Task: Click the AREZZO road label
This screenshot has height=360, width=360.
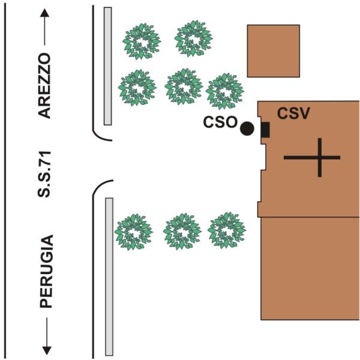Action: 44,86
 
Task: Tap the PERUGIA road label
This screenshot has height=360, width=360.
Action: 46,271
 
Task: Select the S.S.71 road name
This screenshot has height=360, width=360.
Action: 44,174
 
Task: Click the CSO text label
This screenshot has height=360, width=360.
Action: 220,122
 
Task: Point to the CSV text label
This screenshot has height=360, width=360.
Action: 293,113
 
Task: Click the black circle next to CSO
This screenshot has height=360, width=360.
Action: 247,128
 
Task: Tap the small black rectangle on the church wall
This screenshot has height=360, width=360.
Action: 265,130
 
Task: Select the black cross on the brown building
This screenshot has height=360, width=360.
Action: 312,157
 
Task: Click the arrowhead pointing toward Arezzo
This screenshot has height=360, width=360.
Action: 44,13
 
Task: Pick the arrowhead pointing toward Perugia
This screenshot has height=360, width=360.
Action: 47,350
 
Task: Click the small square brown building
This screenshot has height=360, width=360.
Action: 274,51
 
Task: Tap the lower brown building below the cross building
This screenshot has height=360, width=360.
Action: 310,268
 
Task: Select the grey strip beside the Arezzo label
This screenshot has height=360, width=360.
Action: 108,66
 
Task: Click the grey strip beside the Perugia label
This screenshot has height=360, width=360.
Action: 109,277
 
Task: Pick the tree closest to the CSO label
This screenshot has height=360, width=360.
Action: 225,91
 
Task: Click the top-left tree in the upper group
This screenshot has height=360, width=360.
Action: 142,41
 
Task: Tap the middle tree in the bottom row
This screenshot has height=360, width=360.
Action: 182,232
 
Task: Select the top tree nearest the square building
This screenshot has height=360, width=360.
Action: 194,38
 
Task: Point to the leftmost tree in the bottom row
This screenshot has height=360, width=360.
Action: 134,232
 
